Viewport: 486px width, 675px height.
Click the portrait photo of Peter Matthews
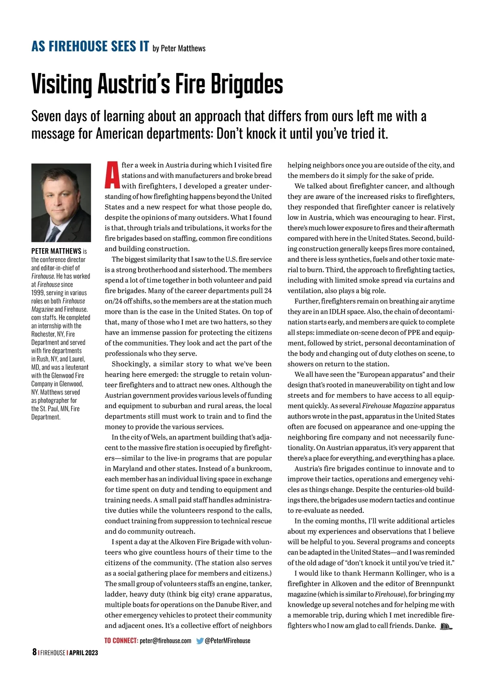(61, 202)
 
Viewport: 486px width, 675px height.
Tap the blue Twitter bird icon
(200, 641)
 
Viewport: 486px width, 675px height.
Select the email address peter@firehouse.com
(165, 641)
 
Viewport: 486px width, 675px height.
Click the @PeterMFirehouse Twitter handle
(228, 641)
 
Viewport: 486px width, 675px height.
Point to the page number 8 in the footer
(34, 652)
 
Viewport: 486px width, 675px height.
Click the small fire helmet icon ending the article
(445, 626)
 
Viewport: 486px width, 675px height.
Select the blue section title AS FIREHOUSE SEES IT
(90, 46)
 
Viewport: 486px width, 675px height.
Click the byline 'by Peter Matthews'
(179, 49)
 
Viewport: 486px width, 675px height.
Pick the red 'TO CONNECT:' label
(121, 641)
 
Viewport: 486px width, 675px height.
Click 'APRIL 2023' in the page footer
(83, 653)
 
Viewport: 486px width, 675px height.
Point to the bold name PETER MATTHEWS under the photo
(56, 251)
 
